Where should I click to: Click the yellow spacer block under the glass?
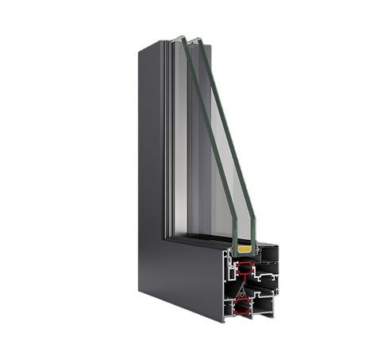[x=243, y=249]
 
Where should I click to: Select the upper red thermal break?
[x=245, y=268]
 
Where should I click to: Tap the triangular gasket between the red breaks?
[x=243, y=288]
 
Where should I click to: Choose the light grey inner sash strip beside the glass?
[x=171, y=143]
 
